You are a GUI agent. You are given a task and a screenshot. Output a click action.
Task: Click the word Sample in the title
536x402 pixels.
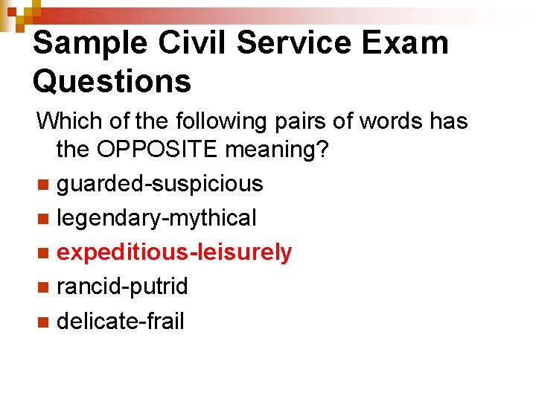(90, 44)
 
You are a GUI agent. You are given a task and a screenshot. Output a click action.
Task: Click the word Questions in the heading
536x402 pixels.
(112, 81)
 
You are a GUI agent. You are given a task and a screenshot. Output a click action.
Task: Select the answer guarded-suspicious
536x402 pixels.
(160, 184)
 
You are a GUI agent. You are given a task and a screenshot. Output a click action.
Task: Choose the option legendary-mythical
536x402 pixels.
(156, 218)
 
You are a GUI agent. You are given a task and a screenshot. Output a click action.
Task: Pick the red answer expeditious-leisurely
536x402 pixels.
(174, 252)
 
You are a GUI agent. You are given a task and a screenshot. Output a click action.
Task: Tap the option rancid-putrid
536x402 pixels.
(122, 287)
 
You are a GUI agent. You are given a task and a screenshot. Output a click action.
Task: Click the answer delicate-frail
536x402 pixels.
(120, 321)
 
